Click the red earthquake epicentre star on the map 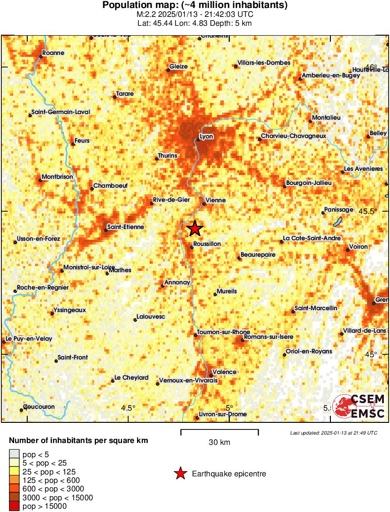[x=195, y=229]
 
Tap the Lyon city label [x=206, y=137]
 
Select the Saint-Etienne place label [x=125, y=227]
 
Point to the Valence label [x=224, y=372]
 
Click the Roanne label [x=53, y=53]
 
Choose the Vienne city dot [x=204, y=204]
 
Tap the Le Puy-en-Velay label [x=29, y=339]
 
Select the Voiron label [x=358, y=246]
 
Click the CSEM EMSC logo [x=359, y=406]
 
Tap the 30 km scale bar [x=220, y=430]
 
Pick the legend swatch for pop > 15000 [x=15, y=506]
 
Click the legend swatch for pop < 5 [x=15, y=453]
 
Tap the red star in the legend [x=180, y=474]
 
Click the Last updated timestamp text [x=333, y=432]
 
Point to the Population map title [x=195, y=5]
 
